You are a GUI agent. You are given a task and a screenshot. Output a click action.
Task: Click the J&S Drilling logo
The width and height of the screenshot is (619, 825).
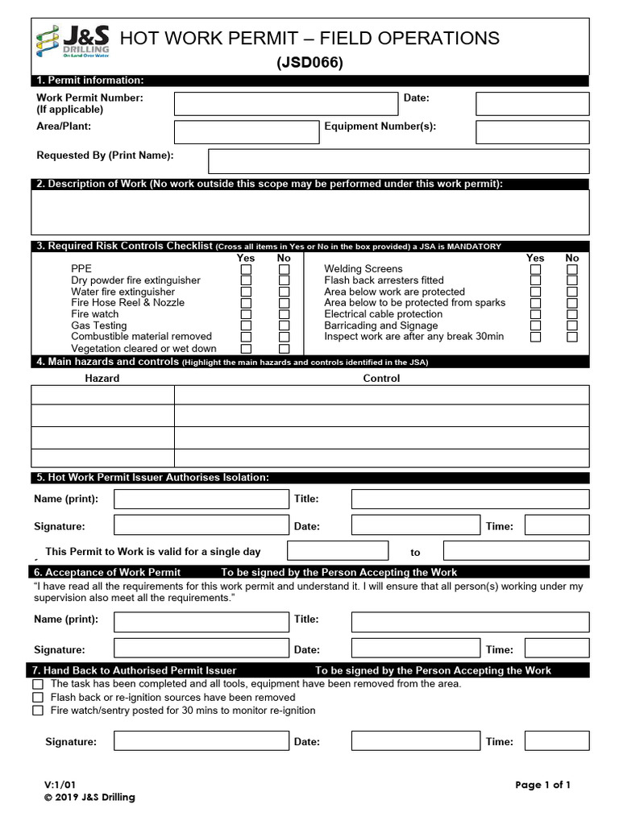[x=73, y=39]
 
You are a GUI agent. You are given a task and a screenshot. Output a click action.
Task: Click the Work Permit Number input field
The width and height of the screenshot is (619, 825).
[x=286, y=104]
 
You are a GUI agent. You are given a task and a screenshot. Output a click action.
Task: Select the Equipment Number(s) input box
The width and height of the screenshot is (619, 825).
[x=532, y=132]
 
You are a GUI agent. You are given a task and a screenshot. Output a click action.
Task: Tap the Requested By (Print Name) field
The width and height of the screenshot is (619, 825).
[x=398, y=161]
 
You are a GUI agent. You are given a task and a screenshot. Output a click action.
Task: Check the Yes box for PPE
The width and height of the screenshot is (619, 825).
[x=246, y=270]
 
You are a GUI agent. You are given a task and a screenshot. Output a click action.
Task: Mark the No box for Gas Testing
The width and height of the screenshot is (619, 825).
[x=284, y=326]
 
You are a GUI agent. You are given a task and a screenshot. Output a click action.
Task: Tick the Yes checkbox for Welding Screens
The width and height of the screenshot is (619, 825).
[x=535, y=270]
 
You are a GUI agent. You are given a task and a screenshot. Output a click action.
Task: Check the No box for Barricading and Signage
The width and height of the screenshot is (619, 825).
[x=572, y=326]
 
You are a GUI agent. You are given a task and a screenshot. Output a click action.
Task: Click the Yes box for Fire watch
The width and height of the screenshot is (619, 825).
[x=246, y=315]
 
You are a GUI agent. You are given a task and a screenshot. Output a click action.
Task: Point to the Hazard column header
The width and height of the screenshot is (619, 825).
[x=102, y=378]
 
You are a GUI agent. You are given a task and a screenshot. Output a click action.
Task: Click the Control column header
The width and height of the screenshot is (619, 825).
[x=381, y=378]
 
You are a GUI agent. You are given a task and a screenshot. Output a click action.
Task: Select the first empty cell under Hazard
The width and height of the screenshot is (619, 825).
[x=102, y=395]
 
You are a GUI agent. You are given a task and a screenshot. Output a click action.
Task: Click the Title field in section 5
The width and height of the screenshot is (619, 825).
[x=470, y=500]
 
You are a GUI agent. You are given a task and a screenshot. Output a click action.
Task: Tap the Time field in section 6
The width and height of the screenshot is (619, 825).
[x=556, y=648]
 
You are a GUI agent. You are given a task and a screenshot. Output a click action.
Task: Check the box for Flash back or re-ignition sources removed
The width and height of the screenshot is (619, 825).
[x=38, y=697]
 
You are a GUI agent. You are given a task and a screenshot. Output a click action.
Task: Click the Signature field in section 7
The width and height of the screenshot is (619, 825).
[x=201, y=741]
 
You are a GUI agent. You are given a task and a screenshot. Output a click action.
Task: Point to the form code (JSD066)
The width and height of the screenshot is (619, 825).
[x=310, y=63]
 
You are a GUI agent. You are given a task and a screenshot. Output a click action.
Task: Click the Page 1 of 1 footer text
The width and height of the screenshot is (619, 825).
[x=543, y=785]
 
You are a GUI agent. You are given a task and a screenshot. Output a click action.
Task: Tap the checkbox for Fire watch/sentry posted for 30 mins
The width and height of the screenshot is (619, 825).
[x=38, y=711]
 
